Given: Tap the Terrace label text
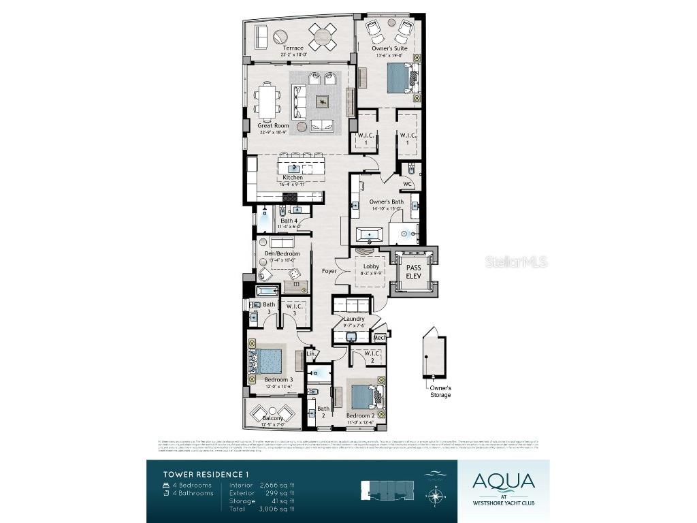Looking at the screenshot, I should click(293, 48).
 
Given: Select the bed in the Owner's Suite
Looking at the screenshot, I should click(400, 78).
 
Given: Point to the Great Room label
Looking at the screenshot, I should click(273, 125).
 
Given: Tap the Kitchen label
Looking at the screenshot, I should click(293, 178).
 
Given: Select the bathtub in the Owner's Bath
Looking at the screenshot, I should click(370, 235).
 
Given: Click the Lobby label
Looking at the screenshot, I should click(370, 267).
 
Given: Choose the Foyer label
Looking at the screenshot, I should click(329, 271).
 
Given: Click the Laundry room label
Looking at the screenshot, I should click(354, 319).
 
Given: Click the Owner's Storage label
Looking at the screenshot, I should click(440, 391).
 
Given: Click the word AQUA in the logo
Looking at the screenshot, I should click(503, 481).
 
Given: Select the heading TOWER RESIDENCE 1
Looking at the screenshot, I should click(201, 474).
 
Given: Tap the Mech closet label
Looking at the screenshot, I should click(379, 337).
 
